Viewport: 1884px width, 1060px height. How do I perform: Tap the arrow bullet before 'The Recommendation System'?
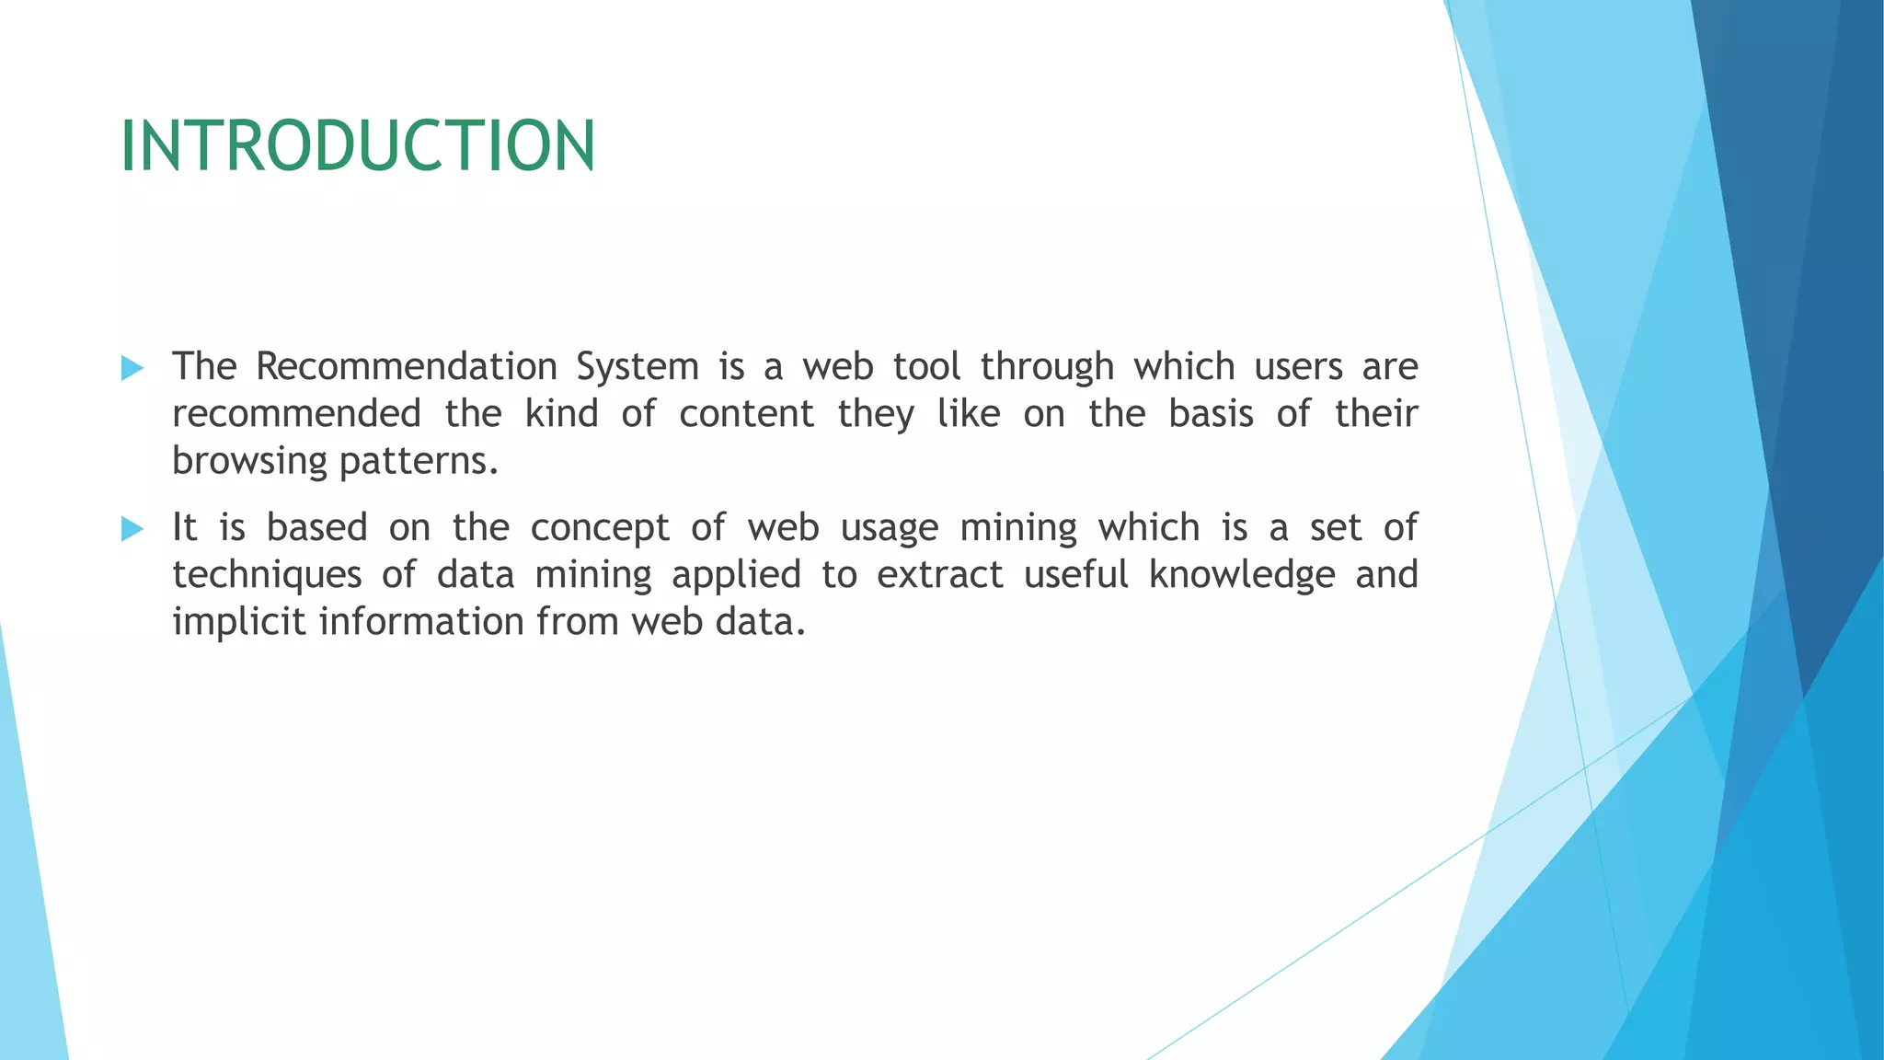(132, 369)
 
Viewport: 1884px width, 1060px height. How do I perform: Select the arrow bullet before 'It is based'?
(132, 529)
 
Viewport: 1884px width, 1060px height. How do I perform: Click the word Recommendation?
(407, 367)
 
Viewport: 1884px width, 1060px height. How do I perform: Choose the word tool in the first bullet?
(926, 367)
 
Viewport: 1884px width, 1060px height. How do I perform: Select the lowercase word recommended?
(296, 414)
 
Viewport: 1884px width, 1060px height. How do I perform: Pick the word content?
(746, 414)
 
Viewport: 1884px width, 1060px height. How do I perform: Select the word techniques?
(267, 576)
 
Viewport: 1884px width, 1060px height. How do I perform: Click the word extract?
(939, 575)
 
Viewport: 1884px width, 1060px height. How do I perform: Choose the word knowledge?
(1242, 576)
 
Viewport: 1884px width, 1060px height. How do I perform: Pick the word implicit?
(238, 623)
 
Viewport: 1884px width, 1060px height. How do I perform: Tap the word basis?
(1211, 414)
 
